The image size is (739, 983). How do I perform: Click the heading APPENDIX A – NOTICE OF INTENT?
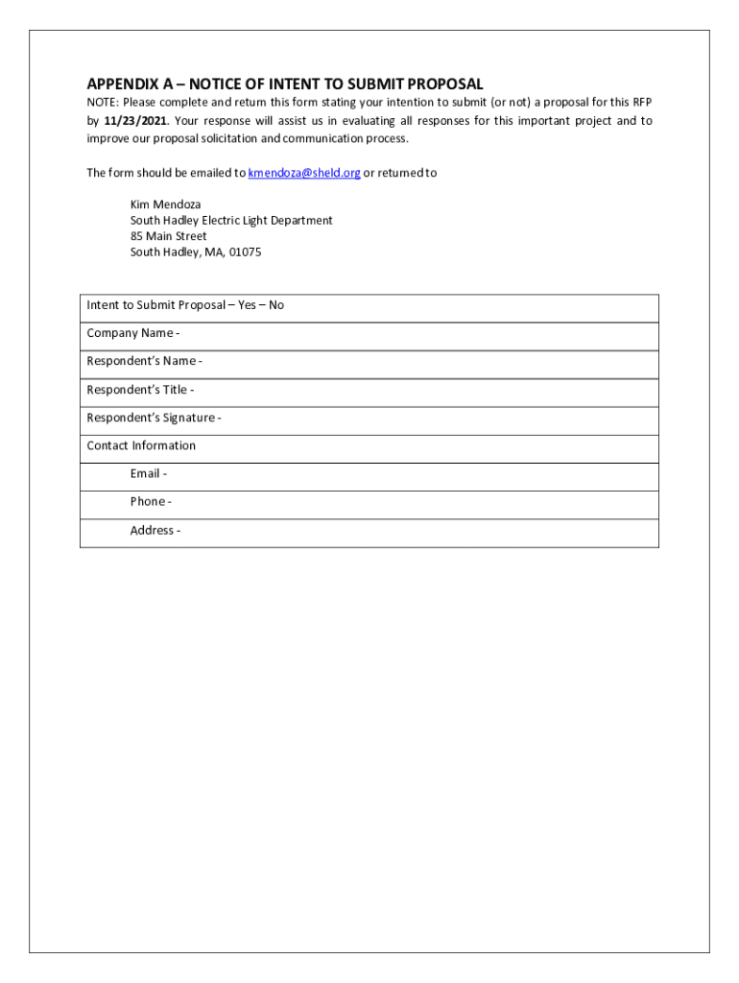tap(284, 84)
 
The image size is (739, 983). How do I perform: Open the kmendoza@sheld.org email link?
tap(303, 173)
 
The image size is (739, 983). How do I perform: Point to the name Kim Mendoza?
tap(165, 204)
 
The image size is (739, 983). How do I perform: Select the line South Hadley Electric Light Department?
tap(231, 220)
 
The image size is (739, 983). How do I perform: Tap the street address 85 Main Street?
tap(168, 236)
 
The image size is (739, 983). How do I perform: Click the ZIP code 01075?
tap(245, 252)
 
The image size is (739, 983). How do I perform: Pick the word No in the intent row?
tap(276, 305)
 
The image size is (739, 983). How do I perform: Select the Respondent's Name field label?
tap(144, 361)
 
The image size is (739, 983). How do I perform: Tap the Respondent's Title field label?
tap(140, 390)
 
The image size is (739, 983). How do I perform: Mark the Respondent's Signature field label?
tap(154, 418)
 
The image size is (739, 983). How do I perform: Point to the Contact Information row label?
tap(141, 445)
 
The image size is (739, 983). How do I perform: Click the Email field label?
tap(148, 473)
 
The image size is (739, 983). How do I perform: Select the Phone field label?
tap(151, 501)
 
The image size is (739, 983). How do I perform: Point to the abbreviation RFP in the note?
tap(641, 103)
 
